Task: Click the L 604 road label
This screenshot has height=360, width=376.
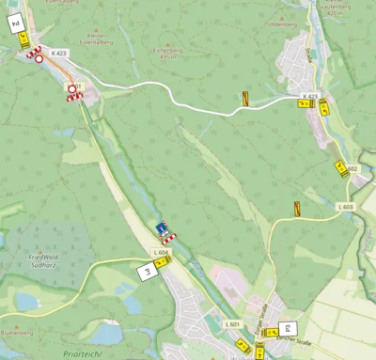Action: (161, 252)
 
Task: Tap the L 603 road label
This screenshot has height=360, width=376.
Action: (346, 207)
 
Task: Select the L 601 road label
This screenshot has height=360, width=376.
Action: (232, 323)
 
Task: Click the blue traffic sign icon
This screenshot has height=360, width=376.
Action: (162, 227)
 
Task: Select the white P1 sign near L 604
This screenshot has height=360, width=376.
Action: (147, 272)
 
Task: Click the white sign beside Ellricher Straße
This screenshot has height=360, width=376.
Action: (286, 330)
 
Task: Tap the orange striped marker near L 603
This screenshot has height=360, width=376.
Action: (297, 209)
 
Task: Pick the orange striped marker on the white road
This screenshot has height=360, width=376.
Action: (245, 97)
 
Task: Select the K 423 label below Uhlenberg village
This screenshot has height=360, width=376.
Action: (309, 96)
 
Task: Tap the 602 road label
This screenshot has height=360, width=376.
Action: (352, 169)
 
